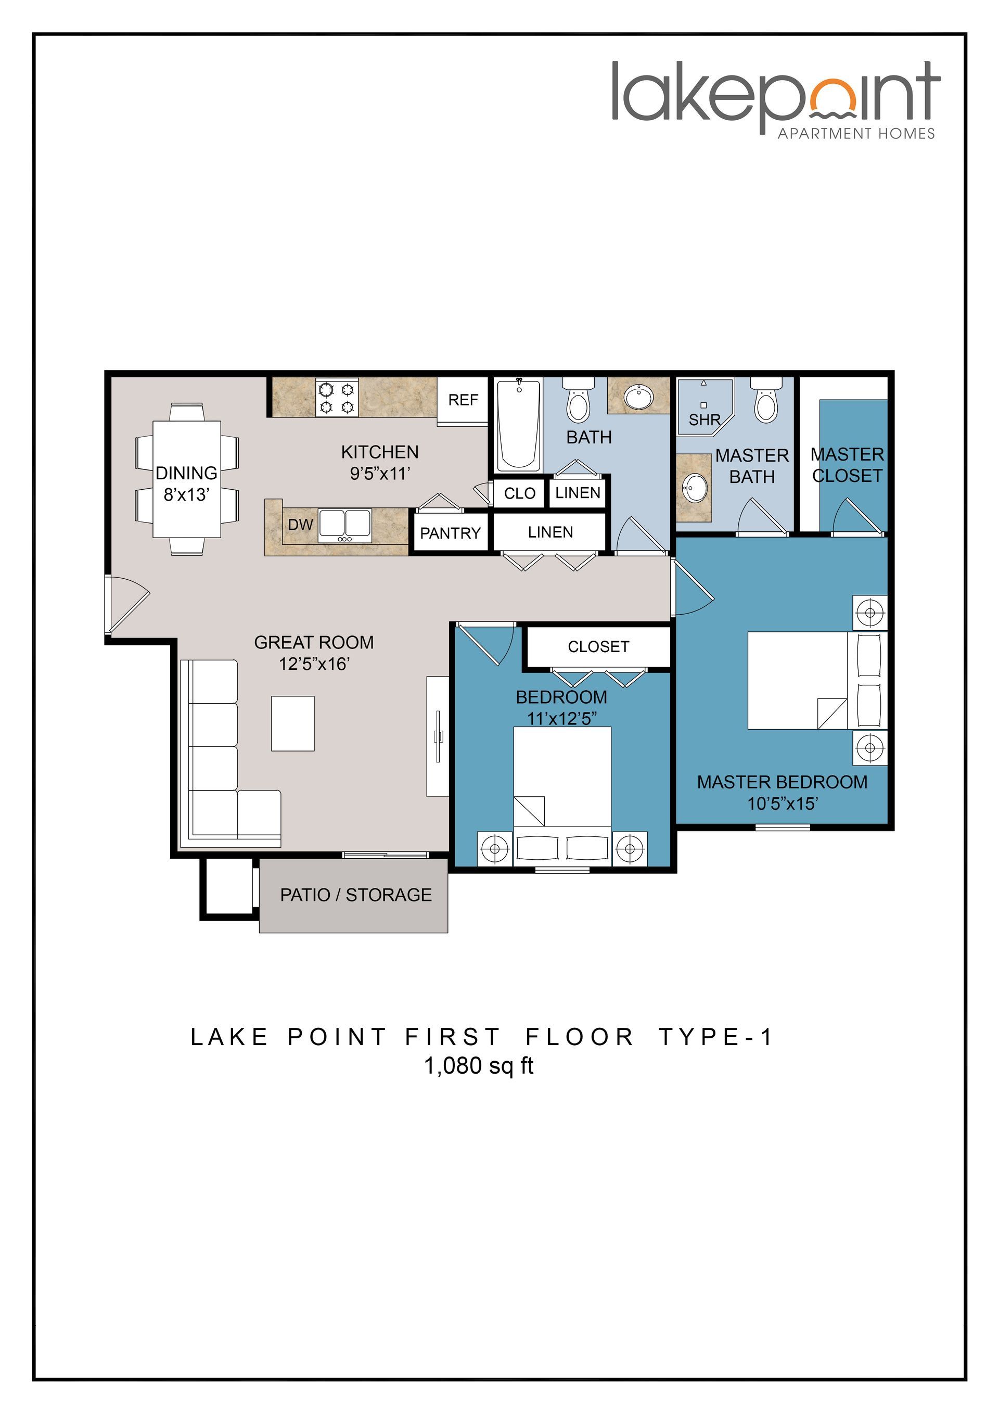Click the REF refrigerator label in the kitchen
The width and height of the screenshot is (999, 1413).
tap(463, 400)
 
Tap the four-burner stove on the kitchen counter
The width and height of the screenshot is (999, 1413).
tap(337, 398)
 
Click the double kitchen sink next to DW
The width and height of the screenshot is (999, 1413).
tap(344, 526)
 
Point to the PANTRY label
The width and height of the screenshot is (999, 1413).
tap(450, 533)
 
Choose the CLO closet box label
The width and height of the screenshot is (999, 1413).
tap(519, 493)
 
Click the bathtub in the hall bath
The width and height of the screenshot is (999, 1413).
tap(519, 425)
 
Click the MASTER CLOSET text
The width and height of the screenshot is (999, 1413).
tap(847, 465)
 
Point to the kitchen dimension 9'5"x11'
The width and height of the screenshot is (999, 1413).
tap(379, 473)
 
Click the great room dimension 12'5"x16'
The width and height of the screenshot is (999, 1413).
tap(314, 664)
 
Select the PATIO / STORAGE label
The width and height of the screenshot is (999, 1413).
tap(355, 895)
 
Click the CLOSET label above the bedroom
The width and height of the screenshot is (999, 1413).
tap(598, 647)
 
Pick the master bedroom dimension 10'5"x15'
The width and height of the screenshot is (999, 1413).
tap(782, 804)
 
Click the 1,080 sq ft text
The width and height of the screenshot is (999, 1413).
tap(479, 1065)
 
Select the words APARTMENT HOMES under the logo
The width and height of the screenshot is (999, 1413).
tap(856, 134)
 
